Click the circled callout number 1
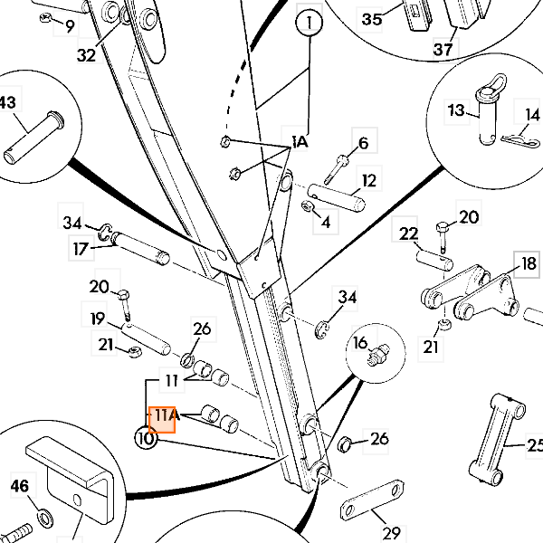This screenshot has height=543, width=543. [x=310, y=22]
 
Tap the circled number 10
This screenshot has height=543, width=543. [x=146, y=439]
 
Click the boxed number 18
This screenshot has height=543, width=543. [x=528, y=264]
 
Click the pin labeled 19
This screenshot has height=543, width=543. [x=145, y=336]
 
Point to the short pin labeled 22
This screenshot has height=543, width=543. [x=434, y=253]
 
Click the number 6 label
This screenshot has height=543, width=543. [x=363, y=143]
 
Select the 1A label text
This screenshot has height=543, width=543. [x=300, y=143]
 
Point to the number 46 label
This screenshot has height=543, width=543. [x=20, y=487]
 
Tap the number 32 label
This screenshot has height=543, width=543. [x=86, y=54]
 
